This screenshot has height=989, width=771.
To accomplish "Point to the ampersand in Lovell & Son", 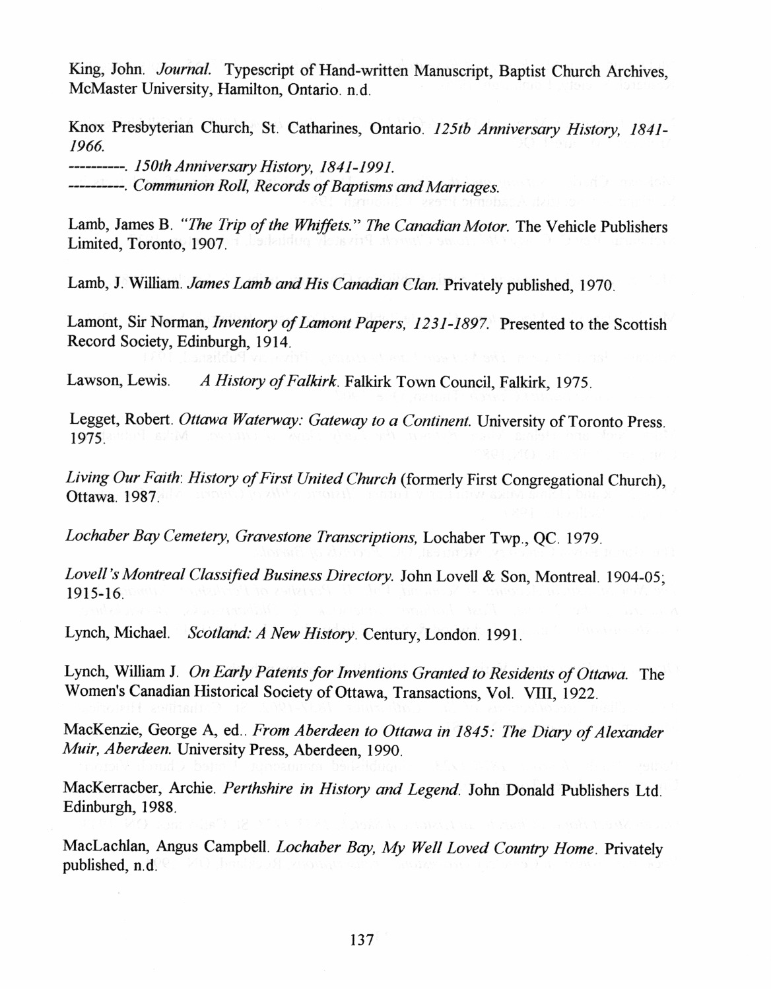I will tap(487, 573).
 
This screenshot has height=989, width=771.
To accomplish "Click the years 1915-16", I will tap(94, 592).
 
